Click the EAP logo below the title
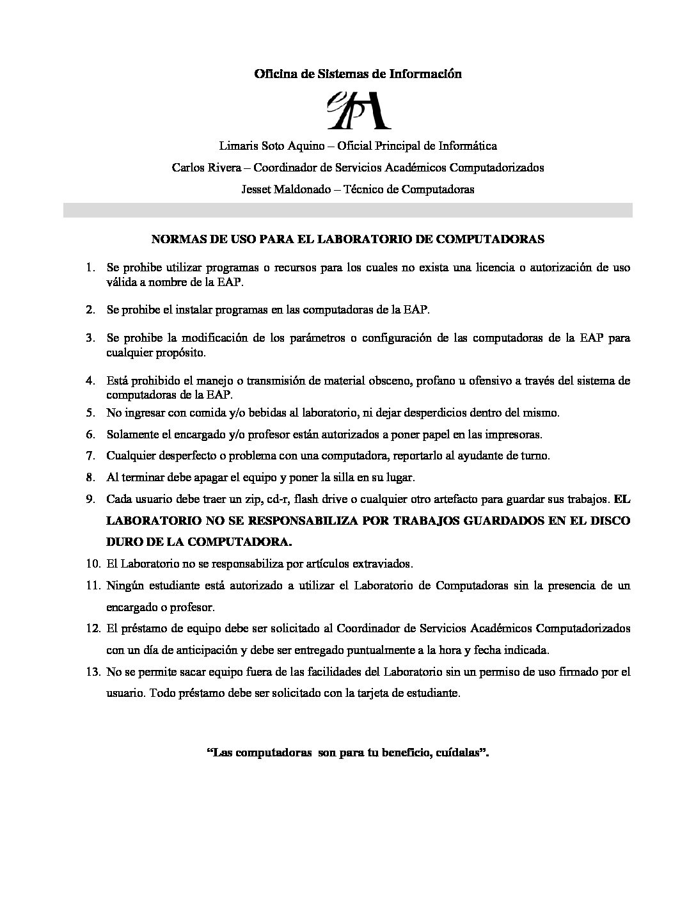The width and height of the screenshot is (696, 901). click(x=358, y=109)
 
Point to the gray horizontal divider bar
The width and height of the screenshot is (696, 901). click(x=347, y=211)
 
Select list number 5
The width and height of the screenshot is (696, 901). click(x=90, y=413)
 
